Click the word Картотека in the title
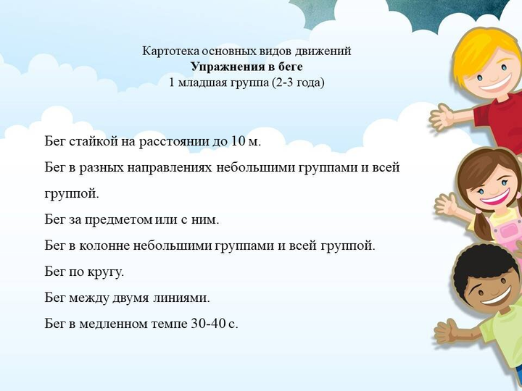pos(171,51)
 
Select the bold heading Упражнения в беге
pos(246,67)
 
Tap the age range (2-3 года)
pos(298,82)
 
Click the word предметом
pos(118,219)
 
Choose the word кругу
pos(106,272)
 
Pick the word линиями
pos(182,298)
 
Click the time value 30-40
pos(209,323)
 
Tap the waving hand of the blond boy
pos(442,117)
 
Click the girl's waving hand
pos(447,204)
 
